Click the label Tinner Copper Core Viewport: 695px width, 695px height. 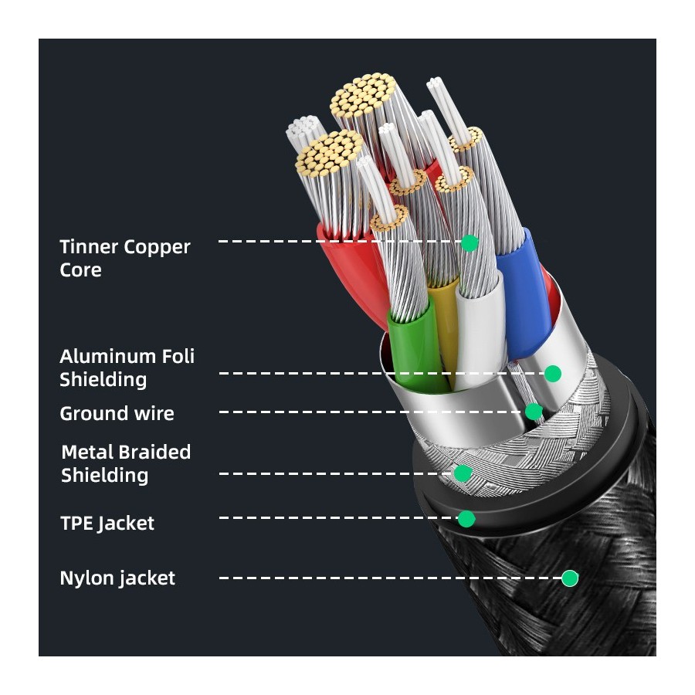click(124, 259)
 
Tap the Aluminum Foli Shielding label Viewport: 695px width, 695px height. click(127, 368)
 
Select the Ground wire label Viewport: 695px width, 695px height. click(117, 414)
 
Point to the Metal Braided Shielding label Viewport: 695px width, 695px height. click(125, 463)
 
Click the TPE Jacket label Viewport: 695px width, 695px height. click(107, 524)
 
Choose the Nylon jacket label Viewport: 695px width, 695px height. click(117, 578)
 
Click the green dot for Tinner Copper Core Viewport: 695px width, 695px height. click(470, 243)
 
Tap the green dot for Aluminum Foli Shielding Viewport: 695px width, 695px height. click(552, 374)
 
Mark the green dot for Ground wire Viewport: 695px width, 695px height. click(534, 412)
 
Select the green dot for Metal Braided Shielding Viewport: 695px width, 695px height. click(463, 473)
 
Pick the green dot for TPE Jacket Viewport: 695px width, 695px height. click(466, 518)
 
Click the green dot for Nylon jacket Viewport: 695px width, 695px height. click(570, 578)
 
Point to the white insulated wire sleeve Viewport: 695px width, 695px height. click(480, 332)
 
